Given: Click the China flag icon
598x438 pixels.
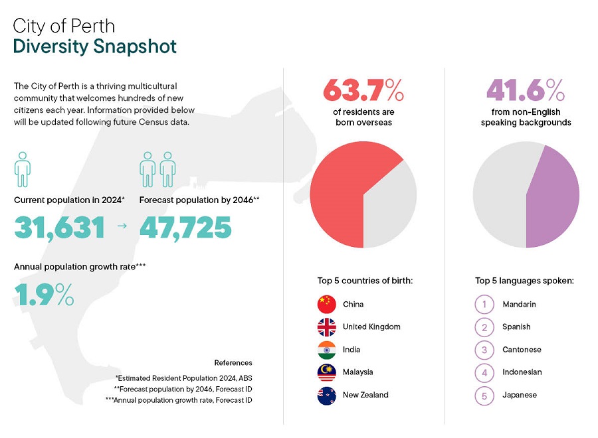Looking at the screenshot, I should click(x=327, y=305).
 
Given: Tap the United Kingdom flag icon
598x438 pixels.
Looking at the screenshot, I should click(x=327, y=327).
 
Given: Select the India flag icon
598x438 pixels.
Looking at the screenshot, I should click(x=327, y=350).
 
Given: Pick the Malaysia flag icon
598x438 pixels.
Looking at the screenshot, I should click(x=327, y=372).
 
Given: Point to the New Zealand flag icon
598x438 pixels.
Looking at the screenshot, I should click(x=327, y=396).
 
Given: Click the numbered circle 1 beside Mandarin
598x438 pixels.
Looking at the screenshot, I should click(x=484, y=305).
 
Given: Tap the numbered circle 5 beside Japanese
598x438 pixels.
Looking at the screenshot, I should click(x=484, y=396).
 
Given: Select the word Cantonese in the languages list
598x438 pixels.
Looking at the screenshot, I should click(x=522, y=350).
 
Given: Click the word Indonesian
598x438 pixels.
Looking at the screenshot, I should click(x=522, y=372).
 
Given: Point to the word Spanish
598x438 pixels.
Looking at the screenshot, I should click(x=516, y=327).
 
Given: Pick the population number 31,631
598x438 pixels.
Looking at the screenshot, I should click(x=60, y=228).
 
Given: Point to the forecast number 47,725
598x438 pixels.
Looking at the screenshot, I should click(x=185, y=228).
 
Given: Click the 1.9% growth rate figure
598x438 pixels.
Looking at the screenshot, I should click(x=44, y=294).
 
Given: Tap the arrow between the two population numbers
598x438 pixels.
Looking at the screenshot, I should click(x=122, y=227).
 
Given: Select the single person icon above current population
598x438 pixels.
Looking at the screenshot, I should click(x=23, y=169).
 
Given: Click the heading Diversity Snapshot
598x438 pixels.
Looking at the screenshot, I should click(x=95, y=46).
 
